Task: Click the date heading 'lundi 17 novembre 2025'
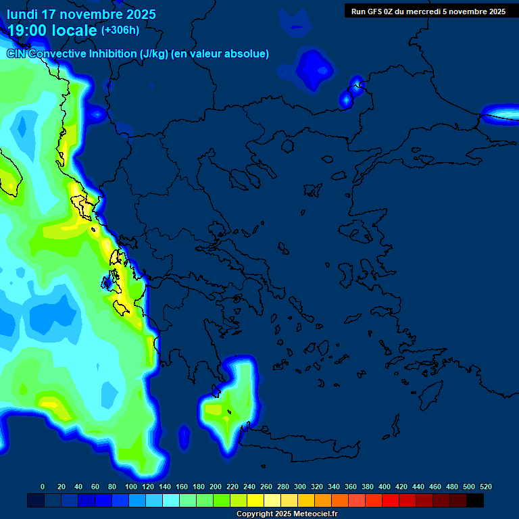click(81, 14)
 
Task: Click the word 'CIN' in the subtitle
click(17, 54)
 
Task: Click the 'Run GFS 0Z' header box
click(428, 11)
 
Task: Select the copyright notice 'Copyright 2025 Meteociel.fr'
click(287, 514)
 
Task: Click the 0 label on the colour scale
click(43, 487)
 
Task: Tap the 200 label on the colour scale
click(216, 487)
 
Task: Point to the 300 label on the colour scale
click(300, 487)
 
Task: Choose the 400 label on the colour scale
click(385, 487)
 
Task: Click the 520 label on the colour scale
click(485, 487)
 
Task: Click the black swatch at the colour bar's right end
click(475, 500)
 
